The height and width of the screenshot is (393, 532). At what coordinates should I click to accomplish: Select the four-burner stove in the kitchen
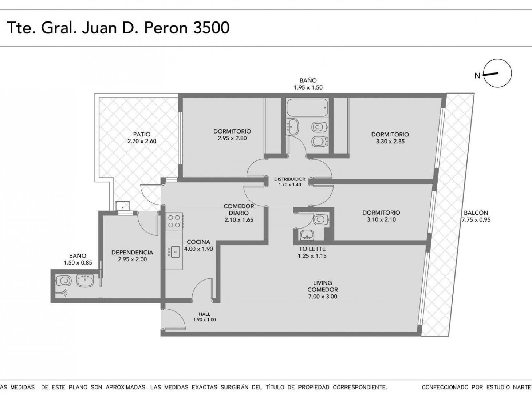[x=174, y=221]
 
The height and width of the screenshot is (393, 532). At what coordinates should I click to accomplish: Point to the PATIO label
[x=142, y=134]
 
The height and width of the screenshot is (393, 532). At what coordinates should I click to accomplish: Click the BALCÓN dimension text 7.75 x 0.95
[x=476, y=220]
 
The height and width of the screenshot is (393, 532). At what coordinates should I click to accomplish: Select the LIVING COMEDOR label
[x=323, y=286]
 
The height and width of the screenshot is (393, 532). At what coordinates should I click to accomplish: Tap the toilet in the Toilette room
[x=320, y=219]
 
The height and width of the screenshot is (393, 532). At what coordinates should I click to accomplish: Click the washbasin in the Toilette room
[x=307, y=235]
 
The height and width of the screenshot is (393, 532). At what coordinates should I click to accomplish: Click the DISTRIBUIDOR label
[x=290, y=179]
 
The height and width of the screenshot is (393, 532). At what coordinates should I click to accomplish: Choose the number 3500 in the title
[x=211, y=28]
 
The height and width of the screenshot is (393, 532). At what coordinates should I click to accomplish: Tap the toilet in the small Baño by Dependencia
[x=64, y=281]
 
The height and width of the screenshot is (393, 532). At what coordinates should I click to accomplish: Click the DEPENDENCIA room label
[x=132, y=252]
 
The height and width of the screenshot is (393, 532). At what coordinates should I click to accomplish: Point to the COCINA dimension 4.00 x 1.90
[x=198, y=249]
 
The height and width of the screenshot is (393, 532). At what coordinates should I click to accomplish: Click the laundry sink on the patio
[x=123, y=206]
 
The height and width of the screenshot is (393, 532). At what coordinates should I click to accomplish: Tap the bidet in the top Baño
[x=320, y=141]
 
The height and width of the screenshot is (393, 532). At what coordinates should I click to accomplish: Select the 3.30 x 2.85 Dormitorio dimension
[x=390, y=142]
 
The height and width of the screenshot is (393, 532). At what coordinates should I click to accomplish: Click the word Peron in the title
[x=166, y=28]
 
